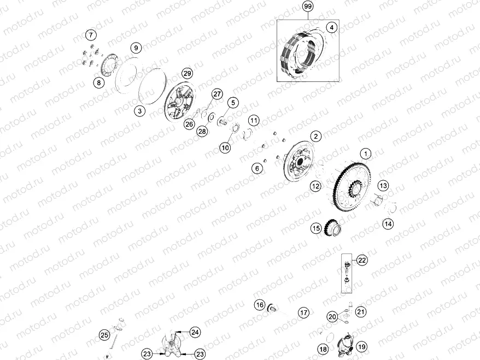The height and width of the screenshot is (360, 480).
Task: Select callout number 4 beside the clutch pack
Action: point(331,27)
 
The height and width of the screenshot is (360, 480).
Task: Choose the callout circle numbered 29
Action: point(187,73)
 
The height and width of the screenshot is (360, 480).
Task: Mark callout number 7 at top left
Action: point(91,36)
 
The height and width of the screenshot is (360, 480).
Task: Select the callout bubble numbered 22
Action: point(362,260)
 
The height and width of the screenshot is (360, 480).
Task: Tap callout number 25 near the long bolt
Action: point(104,335)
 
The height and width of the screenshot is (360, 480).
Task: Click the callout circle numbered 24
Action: point(195,332)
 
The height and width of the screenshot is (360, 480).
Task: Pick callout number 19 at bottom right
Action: point(362,347)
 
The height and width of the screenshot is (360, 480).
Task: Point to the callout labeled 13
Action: point(383,185)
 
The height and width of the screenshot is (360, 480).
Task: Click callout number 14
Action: point(388,223)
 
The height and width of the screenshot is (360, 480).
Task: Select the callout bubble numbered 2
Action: point(315,135)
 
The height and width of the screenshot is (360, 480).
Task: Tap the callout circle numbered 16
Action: point(260,304)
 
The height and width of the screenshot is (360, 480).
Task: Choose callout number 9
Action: point(136,48)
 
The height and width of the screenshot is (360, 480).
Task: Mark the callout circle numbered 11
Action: point(253,120)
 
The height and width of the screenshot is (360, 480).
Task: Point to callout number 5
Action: point(232,102)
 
